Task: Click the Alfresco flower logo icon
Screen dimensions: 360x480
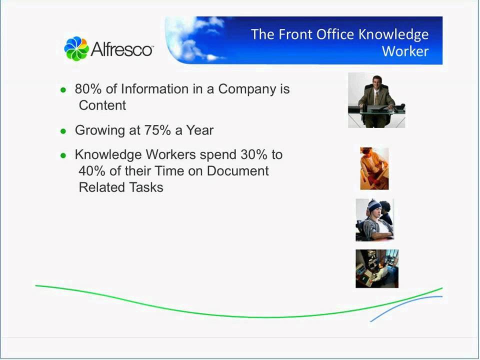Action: (76, 48)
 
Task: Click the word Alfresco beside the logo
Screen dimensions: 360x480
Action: (122, 49)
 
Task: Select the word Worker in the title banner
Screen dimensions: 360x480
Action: (405, 51)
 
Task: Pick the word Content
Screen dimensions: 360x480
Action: (102, 105)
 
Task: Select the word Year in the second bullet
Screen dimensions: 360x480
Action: (200, 130)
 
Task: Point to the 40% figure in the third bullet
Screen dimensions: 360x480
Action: (90, 171)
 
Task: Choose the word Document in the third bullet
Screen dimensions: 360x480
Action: (238, 171)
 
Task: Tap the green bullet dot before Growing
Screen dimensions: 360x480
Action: (63, 131)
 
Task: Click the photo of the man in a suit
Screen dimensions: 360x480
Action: (376, 100)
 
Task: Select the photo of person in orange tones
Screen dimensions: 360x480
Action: (374, 168)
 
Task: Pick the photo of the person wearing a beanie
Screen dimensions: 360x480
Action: (374, 220)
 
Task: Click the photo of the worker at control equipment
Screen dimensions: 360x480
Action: (377, 269)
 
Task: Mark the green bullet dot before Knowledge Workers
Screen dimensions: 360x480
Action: (63, 155)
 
